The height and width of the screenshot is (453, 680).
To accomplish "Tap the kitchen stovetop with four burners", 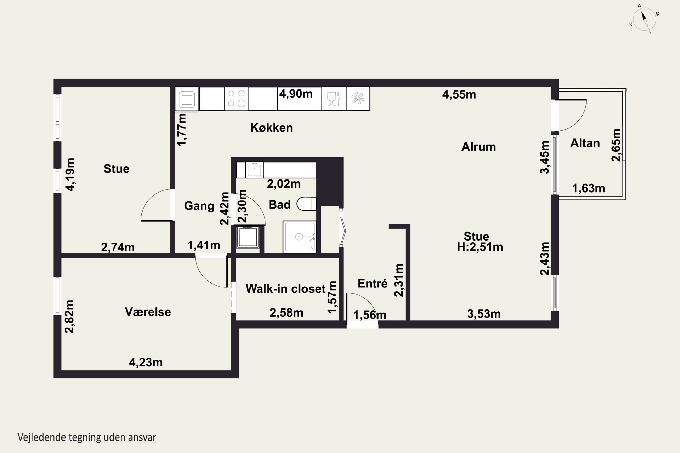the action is point(236,99).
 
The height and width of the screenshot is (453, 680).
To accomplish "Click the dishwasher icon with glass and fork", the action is point(334,99).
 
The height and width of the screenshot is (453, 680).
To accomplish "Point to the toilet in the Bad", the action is point(306,204).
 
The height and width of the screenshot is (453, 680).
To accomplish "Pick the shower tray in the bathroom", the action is point(299,237).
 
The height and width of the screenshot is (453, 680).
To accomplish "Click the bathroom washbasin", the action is point(254,170).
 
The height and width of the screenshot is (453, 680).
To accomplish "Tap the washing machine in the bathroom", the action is point(248,237).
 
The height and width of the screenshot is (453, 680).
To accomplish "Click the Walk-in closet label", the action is point(285,289).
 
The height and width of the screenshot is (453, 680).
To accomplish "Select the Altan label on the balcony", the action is point(585,143).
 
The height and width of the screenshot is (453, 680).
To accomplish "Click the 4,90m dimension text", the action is point(296,94).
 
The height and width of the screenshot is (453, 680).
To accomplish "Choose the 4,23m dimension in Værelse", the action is point(146,362).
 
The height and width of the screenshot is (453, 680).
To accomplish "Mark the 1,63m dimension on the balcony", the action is point(588,188).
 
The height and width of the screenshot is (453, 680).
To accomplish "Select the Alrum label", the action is point(478,147).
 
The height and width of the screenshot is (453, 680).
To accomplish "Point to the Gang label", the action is point(199,206).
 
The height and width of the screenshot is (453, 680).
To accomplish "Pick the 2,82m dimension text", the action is point(69,316).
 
